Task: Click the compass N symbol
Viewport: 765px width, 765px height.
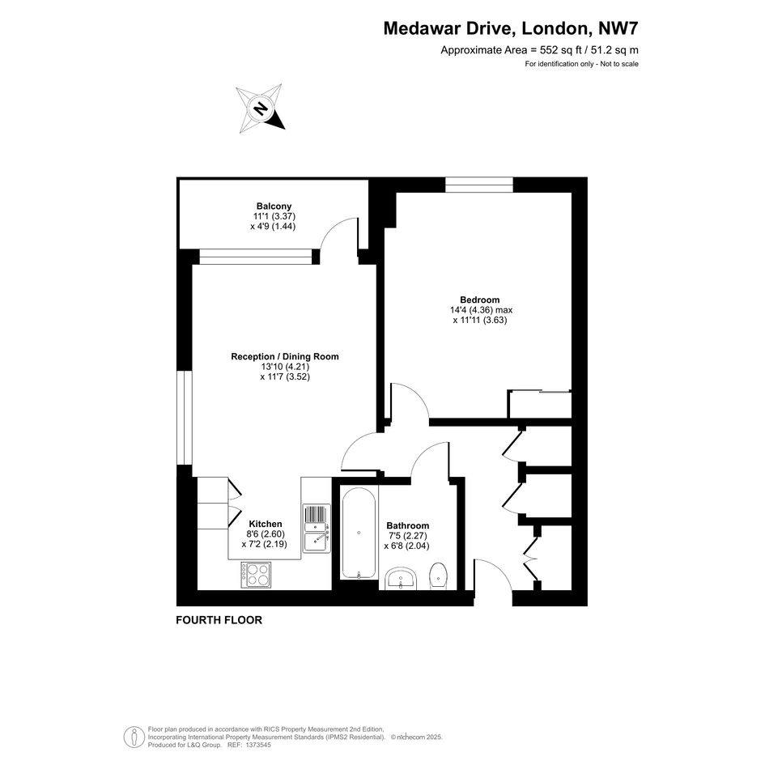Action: point(261,108)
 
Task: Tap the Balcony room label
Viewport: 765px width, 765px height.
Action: point(274,206)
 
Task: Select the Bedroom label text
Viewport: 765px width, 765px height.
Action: point(479,300)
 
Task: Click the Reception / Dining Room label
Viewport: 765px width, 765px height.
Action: point(285,357)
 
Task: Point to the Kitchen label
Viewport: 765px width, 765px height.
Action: point(266,524)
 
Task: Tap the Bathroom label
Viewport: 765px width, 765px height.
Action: point(408,525)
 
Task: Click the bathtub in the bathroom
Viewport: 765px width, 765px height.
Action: point(359,532)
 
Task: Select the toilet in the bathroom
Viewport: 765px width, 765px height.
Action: point(438,576)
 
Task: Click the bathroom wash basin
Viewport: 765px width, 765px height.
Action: point(401,578)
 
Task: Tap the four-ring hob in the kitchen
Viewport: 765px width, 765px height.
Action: point(256,574)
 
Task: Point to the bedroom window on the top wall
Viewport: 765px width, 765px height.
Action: point(479,185)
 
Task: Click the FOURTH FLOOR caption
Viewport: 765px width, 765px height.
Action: point(219,620)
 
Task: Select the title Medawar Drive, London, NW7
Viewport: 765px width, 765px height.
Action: point(510,28)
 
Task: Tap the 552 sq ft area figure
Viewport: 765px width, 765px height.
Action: point(560,49)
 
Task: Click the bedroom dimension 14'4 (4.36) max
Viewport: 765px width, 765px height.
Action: point(481,310)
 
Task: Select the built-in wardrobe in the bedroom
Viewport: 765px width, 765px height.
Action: point(540,404)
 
